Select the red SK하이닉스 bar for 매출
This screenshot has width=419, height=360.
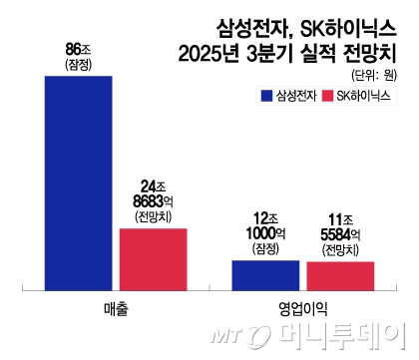point(153,258)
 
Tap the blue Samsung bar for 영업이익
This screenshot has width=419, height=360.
point(265,274)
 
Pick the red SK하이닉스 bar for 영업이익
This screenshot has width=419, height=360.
point(340,274)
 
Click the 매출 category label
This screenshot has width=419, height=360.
point(116,307)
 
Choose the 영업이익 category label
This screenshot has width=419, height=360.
point(303,307)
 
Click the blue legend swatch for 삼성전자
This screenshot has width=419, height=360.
point(265,96)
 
